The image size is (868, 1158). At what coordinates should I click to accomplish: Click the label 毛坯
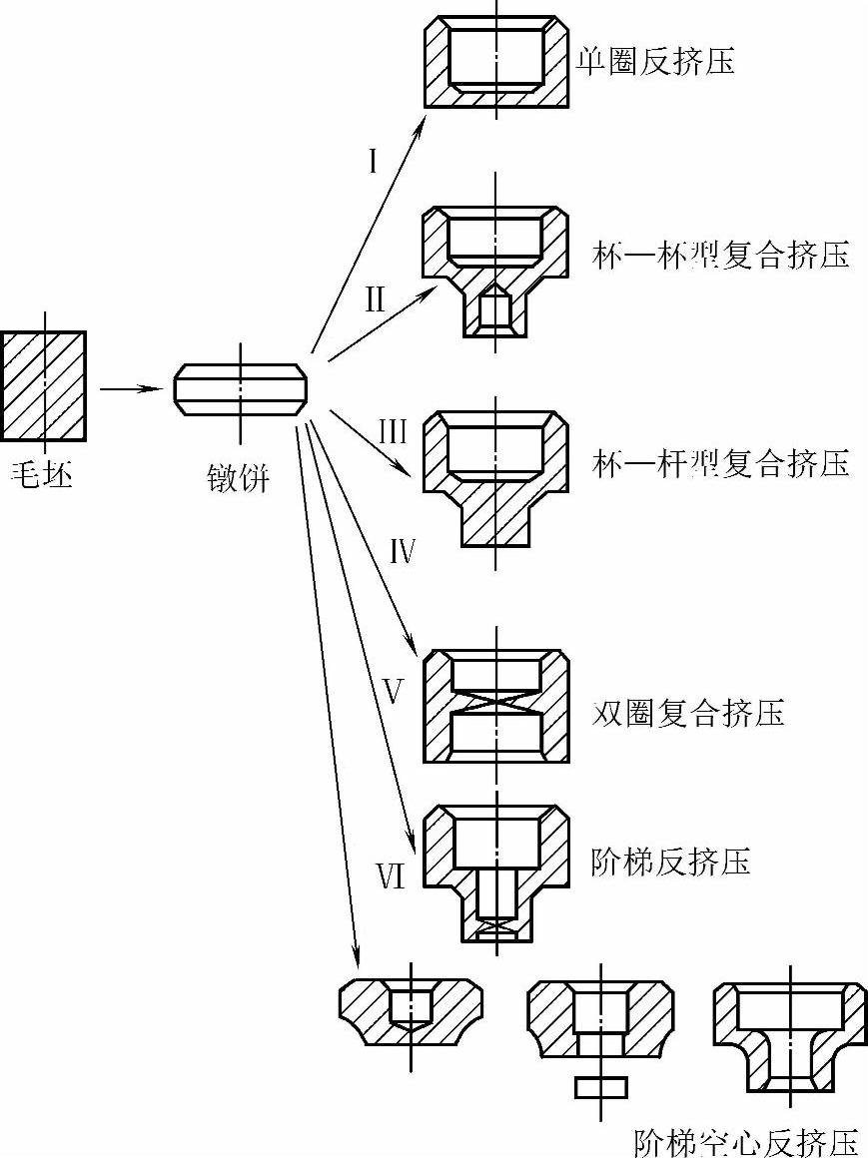[42, 471]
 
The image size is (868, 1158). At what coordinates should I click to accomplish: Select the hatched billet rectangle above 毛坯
[44, 385]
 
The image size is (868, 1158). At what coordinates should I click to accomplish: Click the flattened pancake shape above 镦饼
[239, 389]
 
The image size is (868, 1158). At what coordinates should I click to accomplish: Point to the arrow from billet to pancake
[131, 387]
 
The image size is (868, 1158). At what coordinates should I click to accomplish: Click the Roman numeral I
[372, 160]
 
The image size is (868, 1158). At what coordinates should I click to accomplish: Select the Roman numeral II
[375, 298]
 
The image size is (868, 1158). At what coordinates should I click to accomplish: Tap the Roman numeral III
[392, 431]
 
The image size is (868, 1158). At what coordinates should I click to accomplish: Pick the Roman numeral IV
[402, 551]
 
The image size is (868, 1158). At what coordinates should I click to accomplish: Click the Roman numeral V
[394, 692]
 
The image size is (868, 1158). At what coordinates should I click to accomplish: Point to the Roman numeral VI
[389, 877]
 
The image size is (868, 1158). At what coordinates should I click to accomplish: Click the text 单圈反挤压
[655, 62]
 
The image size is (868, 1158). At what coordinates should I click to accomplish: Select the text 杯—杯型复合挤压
[719, 255]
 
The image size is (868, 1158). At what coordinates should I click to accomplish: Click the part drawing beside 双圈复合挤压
[496, 705]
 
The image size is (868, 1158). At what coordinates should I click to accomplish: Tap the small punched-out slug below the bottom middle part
[601, 1086]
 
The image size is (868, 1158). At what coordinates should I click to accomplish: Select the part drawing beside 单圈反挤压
[496, 63]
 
